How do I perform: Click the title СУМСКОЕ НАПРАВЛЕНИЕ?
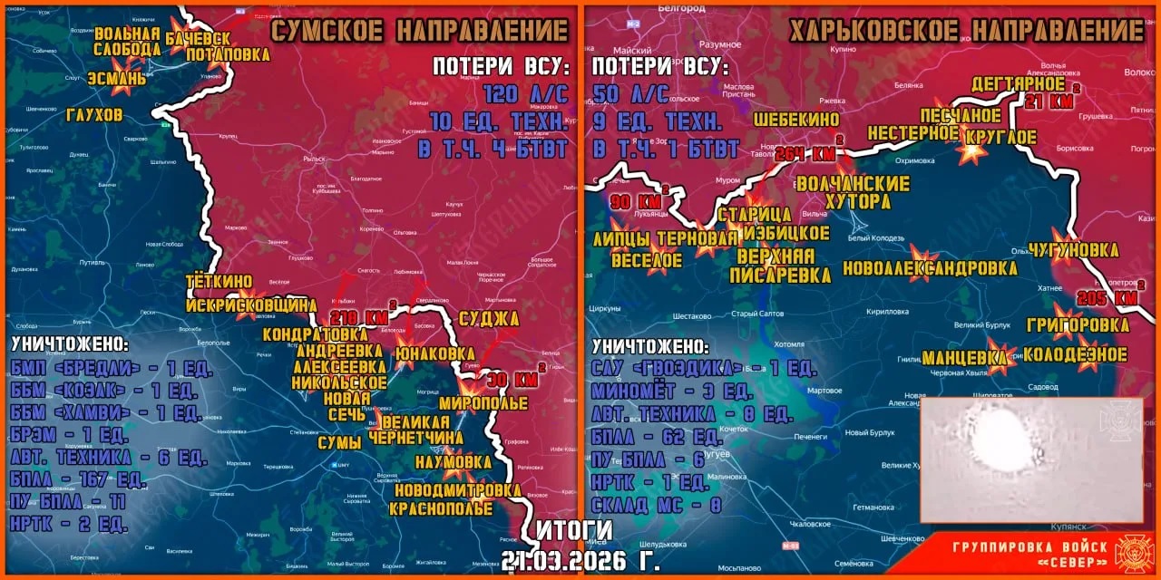pyautogui.click(x=420, y=31)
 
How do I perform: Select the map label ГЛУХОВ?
pyautogui.click(x=94, y=115)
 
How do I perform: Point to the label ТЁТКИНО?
pyautogui.click(x=219, y=282)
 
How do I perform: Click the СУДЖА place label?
pyautogui.click(x=489, y=318)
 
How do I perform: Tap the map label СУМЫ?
pyautogui.click(x=339, y=442)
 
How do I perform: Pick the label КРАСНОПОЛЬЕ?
pyautogui.click(x=441, y=508)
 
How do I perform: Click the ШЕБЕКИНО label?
pyautogui.click(x=796, y=119)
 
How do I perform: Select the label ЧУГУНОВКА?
pyautogui.click(x=1073, y=250)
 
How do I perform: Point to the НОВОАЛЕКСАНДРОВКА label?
pyautogui.click(x=930, y=268)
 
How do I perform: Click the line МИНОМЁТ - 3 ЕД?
pyautogui.click(x=672, y=392)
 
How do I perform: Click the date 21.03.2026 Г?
pyautogui.click(x=581, y=560)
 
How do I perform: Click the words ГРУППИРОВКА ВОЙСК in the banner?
pyautogui.click(x=1029, y=546)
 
